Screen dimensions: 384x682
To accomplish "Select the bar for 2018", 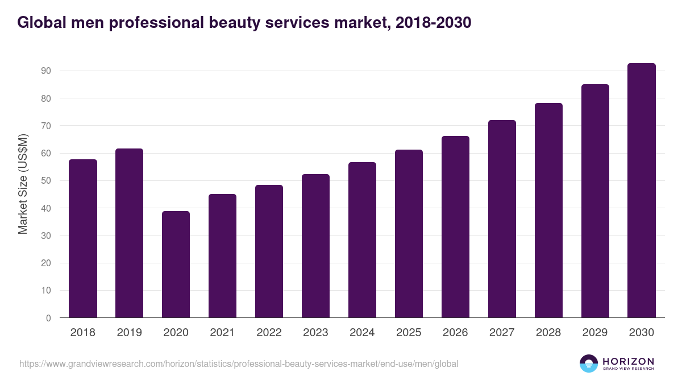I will point(83,239).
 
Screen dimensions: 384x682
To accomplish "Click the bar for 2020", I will point(176,265).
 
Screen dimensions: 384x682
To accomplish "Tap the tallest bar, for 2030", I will point(642,191).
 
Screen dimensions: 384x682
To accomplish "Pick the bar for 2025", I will point(409,234).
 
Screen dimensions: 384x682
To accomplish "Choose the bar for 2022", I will point(269,251).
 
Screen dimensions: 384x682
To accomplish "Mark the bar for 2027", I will point(502,219).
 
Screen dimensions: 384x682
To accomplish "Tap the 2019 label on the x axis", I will point(130,333).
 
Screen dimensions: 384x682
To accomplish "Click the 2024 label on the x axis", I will point(363,333).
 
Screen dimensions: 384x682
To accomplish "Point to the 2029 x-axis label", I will point(595,333).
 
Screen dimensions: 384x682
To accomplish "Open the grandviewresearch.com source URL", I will point(239,364).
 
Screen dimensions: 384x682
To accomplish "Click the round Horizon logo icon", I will point(589,364).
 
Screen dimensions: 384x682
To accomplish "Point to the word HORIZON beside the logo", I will point(628,361).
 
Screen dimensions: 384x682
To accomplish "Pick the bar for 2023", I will point(316,246).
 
